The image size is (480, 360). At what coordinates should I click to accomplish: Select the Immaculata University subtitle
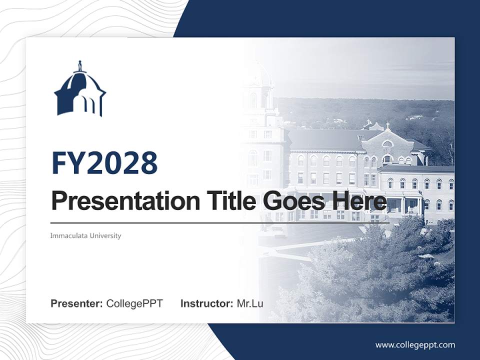pos(85,235)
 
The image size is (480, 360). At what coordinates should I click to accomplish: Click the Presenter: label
pos(77,303)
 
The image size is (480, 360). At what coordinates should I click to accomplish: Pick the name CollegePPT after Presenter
pos(134,303)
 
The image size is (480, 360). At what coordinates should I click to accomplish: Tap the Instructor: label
pos(206,303)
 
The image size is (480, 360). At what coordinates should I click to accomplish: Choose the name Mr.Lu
pos(250,303)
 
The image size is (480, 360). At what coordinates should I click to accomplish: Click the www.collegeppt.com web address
pos(415,344)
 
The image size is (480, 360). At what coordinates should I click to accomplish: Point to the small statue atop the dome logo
pos(79,66)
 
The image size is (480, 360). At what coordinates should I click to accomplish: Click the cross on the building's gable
pos(387,125)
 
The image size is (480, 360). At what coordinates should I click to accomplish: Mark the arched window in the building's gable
pos(387,145)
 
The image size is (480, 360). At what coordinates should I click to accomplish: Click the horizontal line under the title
pos(220,222)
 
